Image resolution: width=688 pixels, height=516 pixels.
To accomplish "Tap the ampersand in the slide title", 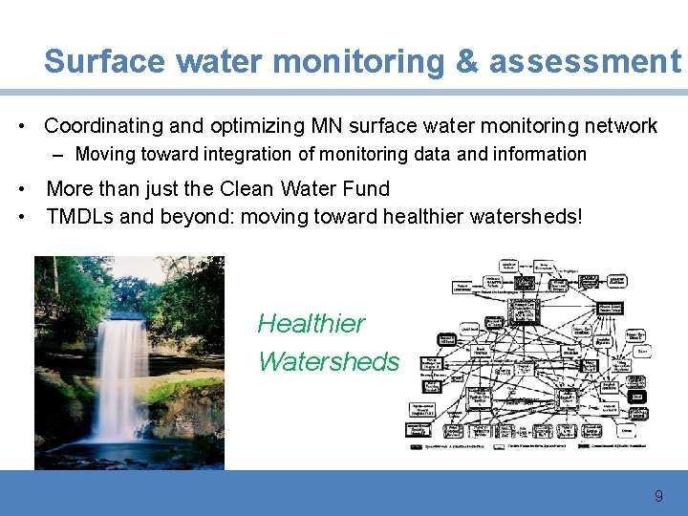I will (x=468, y=61).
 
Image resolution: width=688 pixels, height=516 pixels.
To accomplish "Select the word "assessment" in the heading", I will (x=584, y=61).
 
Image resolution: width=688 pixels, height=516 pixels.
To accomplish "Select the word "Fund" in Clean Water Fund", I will (x=367, y=189).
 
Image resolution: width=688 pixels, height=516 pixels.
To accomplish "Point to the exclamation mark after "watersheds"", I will (x=577, y=216).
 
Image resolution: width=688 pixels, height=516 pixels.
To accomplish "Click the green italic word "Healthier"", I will (x=311, y=324).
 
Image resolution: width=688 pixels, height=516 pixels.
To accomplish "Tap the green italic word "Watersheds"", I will (x=328, y=362).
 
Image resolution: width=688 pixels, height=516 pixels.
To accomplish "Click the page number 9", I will (x=657, y=497).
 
